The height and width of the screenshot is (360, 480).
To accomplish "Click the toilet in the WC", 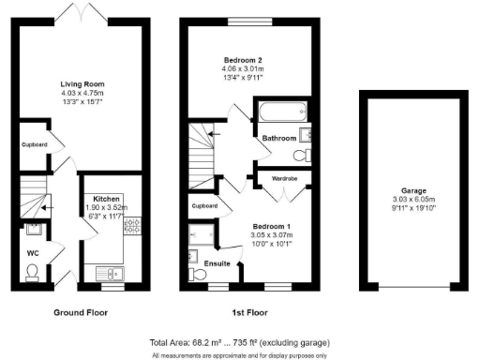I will click(34, 271).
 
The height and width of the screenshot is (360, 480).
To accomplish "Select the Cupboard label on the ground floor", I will click(34, 144).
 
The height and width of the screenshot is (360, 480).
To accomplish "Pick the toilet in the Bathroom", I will click(301, 155).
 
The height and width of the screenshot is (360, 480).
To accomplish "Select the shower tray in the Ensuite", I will click(202, 232).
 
